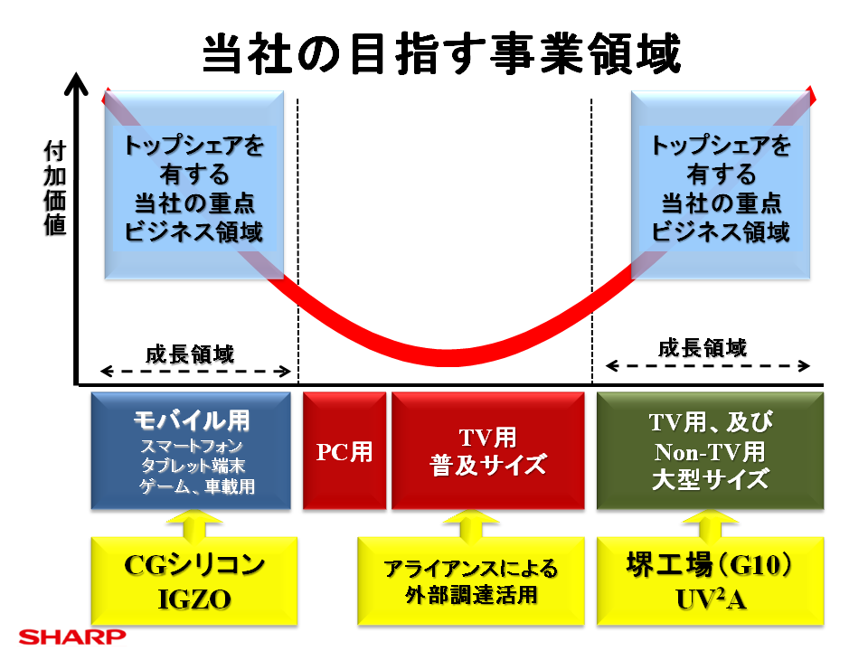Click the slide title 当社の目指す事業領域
coord(440,56)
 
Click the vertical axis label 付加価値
coord(55,187)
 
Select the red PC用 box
coord(344,451)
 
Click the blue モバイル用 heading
coord(191,420)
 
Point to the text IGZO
coord(193,597)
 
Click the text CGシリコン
coord(193,566)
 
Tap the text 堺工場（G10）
coord(710,566)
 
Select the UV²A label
coord(710,598)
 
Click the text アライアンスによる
coord(471,569)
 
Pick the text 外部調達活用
coord(471,597)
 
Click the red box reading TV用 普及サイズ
coord(488,451)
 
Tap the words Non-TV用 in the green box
coord(710,450)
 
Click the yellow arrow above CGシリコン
coord(193,524)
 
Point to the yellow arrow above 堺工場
coord(710,524)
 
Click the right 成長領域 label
coord(703,348)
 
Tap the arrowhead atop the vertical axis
coord(79,81)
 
